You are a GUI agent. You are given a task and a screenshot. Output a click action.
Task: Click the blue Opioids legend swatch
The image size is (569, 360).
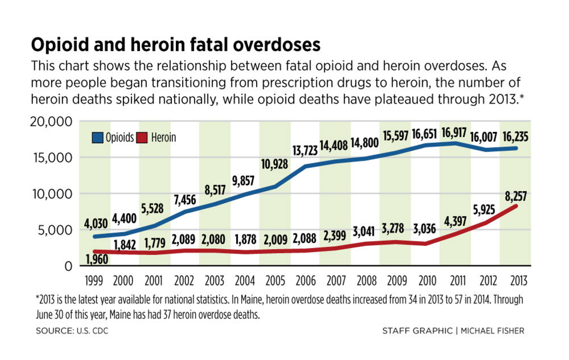pyautogui.click(x=97, y=138)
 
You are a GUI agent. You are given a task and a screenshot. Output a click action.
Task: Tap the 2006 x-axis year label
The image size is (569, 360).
pyautogui.click(x=304, y=281)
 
